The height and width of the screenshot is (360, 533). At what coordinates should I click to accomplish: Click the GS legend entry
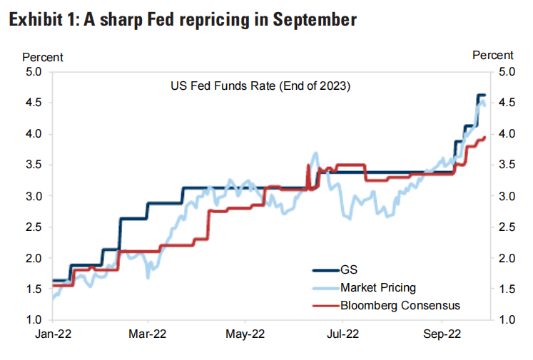(x=349, y=269)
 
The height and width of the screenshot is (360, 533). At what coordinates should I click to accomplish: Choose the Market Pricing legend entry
(x=378, y=287)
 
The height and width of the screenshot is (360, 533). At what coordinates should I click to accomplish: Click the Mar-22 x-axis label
(x=148, y=333)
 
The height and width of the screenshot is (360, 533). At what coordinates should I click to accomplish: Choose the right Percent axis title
(x=493, y=55)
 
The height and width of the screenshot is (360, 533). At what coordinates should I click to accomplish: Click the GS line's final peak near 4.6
(x=480, y=95)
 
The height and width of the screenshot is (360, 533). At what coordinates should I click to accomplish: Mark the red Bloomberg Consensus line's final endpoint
(x=485, y=138)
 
